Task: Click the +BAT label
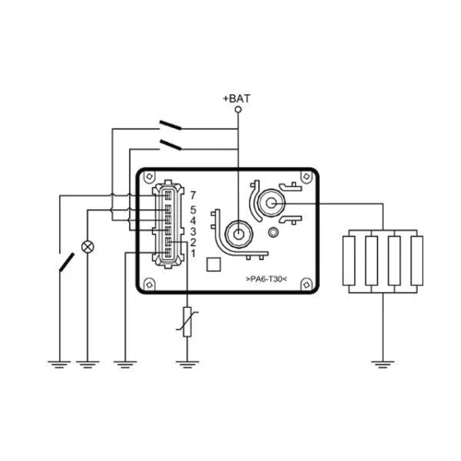point(236,99)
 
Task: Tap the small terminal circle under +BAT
point(238,110)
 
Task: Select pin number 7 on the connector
point(193,195)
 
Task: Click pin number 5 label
point(193,210)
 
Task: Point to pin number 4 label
point(193,220)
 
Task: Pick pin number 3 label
point(193,231)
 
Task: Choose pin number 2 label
point(193,242)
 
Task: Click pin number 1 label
point(193,254)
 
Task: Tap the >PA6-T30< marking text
point(266,279)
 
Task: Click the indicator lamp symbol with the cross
point(88,247)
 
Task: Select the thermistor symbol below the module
point(187,322)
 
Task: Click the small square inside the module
point(213,265)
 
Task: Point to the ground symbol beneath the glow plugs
point(383,364)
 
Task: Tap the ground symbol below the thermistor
point(187,364)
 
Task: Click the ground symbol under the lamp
point(88,364)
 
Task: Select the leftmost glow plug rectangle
point(349,261)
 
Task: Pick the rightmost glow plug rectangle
point(417,261)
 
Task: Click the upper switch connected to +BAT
point(170,125)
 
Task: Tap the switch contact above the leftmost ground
point(66,262)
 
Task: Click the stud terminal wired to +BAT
point(238,234)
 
